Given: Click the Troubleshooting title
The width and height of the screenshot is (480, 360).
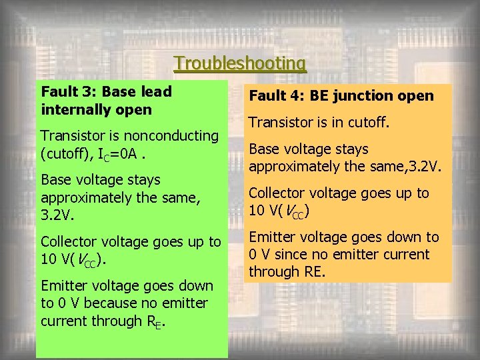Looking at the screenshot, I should (240, 63).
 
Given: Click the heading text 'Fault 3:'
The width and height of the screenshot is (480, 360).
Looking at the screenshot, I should (67, 91).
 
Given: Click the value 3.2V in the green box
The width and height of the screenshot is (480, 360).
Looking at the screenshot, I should (58, 215).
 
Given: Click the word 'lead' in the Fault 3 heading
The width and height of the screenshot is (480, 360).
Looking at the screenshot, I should (157, 91).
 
